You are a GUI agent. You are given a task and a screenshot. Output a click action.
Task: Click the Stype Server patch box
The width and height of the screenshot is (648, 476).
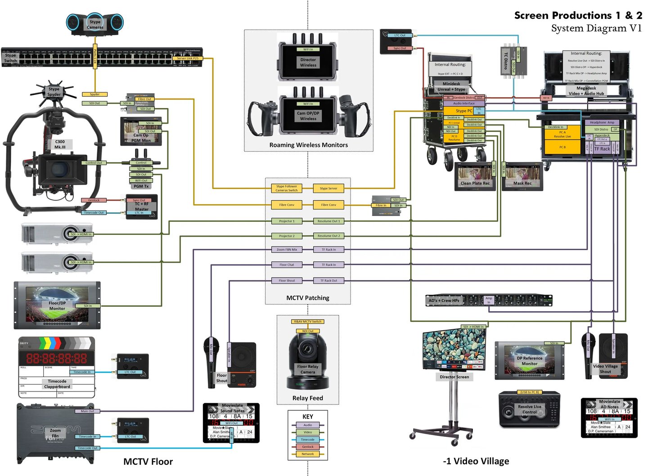[328, 189]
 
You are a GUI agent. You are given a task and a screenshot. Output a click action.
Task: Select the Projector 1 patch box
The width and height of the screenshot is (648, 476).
[287, 221]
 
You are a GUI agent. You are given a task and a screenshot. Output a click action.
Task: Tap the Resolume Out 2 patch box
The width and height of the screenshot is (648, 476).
[328, 236]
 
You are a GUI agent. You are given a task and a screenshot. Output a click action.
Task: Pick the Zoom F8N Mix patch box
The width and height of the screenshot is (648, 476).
[287, 249]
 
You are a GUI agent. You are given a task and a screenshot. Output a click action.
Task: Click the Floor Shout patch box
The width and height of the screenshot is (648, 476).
[287, 281]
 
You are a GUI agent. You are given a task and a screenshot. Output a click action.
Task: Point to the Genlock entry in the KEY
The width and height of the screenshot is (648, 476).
[308, 447]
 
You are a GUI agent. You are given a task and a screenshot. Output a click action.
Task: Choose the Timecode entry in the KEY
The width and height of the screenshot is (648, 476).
[308, 440]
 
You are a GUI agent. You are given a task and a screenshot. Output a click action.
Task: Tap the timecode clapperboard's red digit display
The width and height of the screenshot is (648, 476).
[56, 358]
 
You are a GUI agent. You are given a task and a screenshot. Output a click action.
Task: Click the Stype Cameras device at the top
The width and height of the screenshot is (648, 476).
[95, 24]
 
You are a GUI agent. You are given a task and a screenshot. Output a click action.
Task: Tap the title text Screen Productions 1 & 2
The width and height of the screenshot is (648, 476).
[578, 15]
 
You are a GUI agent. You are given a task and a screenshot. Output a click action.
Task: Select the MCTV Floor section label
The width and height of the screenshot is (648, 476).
[148, 462]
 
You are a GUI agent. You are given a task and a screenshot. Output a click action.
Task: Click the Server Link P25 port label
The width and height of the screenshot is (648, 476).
[187, 58]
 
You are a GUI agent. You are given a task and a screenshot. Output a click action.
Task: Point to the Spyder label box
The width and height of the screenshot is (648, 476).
[94, 94]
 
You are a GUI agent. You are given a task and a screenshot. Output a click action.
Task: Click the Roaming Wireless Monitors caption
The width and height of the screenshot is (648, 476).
[308, 145]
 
